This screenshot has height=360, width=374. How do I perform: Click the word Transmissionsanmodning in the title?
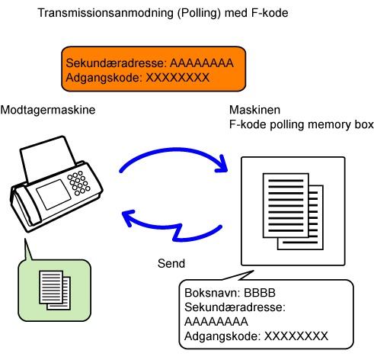click(106, 13)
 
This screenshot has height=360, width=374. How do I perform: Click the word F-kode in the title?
click(270, 13)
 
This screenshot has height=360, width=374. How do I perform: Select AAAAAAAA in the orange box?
click(202, 63)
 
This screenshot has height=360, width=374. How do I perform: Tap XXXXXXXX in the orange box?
click(177, 78)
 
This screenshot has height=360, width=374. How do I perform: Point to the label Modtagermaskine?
click(48, 110)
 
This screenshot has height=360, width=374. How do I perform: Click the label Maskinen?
click(255, 110)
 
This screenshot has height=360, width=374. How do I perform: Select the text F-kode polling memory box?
click(302, 124)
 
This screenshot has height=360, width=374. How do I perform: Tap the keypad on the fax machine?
click(78, 183)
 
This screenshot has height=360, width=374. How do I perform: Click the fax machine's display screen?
click(53, 194)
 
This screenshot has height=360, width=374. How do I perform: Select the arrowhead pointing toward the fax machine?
click(128, 217)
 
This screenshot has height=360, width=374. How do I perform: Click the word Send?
click(171, 264)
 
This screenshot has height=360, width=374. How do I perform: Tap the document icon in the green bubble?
click(55, 291)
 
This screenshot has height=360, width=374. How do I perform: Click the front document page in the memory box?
click(286, 205)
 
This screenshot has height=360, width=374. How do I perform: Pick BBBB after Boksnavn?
click(260, 293)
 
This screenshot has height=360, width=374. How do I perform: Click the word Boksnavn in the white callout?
click(213, 293)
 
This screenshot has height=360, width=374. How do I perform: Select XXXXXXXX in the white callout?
click(296, 336)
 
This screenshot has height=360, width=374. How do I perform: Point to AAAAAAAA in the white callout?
click(216, 322)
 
